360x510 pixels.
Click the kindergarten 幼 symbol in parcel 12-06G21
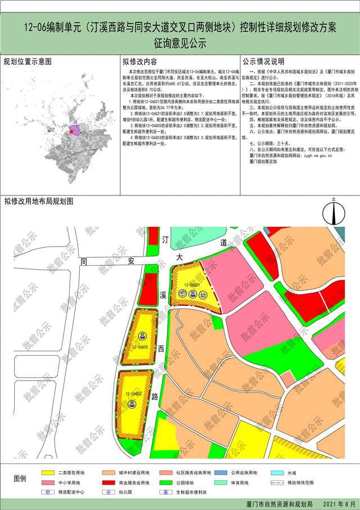click(x=202, y=295)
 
